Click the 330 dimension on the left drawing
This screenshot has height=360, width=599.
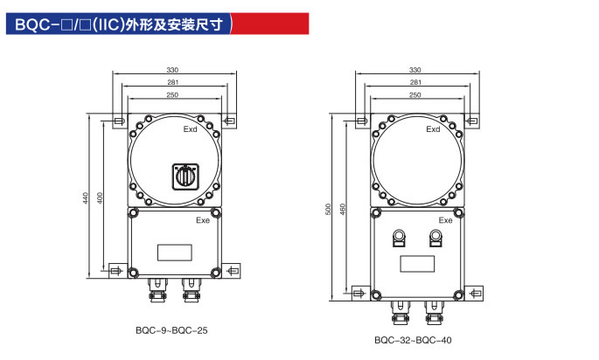(172, 70)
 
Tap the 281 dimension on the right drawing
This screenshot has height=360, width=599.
(415, 81)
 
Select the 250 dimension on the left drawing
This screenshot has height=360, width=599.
(172, 93)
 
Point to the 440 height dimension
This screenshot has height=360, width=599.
(86, 197)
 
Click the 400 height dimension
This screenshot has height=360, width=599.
(100, 197)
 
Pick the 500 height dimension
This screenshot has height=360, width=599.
(328, 210)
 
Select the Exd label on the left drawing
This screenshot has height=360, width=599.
(191, 130)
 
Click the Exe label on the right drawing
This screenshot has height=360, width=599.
(446, 220)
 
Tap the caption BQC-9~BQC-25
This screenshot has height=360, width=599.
(171, 330)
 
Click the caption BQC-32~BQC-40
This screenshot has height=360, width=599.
(414, 340)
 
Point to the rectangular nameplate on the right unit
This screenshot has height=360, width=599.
(416, 261)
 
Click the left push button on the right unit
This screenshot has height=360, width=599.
(399, 236)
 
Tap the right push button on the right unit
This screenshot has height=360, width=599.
(435, 236)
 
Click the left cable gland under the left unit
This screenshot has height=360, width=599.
(157, 287)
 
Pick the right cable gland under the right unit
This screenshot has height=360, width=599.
(432, 306)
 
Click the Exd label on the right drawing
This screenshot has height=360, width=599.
(434, 129)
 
